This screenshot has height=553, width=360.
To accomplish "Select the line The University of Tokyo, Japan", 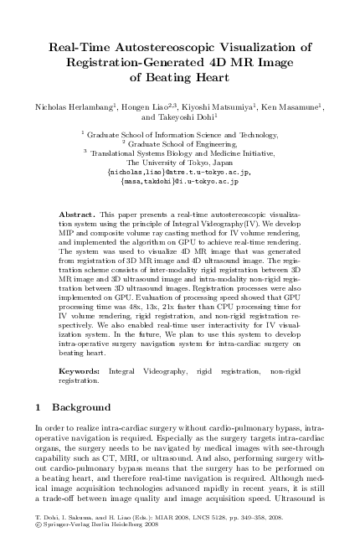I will [x=180, y=162].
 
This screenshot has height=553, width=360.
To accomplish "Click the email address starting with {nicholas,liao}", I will [x=180, y=171].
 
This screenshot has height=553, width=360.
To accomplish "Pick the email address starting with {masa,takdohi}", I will [x=180, y=180].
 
